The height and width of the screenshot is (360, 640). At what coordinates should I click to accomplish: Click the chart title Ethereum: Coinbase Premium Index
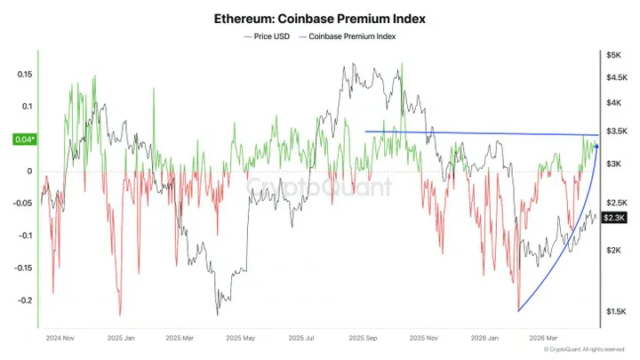(319, 17)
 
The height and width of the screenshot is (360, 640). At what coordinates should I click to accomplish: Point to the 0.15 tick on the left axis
(24, 75)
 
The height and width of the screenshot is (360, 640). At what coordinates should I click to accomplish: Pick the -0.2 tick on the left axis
(24, 300)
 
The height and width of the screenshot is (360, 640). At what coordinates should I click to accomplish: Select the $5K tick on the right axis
(613, 55)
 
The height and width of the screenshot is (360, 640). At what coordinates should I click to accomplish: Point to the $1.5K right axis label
(616, 311)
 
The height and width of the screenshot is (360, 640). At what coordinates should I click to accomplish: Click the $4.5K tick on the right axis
(616, 77)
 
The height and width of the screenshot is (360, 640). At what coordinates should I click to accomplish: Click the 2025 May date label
(241, 339)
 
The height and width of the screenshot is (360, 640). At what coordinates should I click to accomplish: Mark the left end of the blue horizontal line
(366, 132)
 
